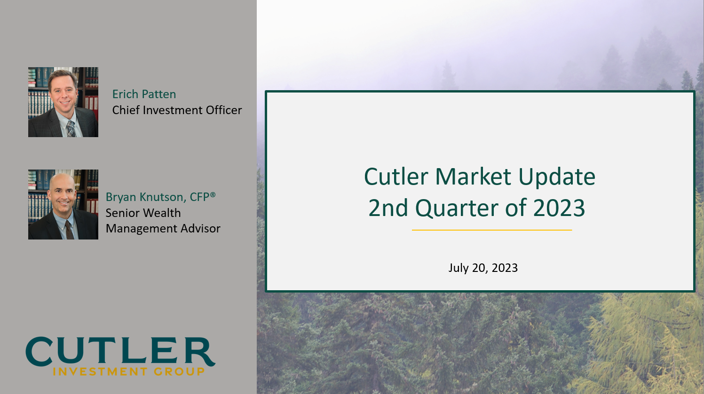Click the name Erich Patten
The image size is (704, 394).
point(144,94)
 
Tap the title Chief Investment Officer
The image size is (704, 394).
point(177,110)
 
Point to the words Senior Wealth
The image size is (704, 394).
point(143,213)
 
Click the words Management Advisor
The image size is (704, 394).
point(163,229)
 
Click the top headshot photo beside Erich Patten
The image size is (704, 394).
point(63,102)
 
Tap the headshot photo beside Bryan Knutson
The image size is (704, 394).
point(63,205)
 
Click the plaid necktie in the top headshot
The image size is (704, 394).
point(71,128)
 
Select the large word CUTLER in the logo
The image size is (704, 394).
point(120,352)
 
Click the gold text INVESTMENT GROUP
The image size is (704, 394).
point(129,372)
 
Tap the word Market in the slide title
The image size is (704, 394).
point(473,177)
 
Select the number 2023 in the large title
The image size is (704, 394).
point(559,208)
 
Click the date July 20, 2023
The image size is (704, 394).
point(483,268)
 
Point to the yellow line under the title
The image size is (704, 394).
point(492,230)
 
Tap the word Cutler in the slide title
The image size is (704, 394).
point(396,177)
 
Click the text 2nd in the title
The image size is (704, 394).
point(388,208)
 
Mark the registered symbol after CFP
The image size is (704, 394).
point(213,194)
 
